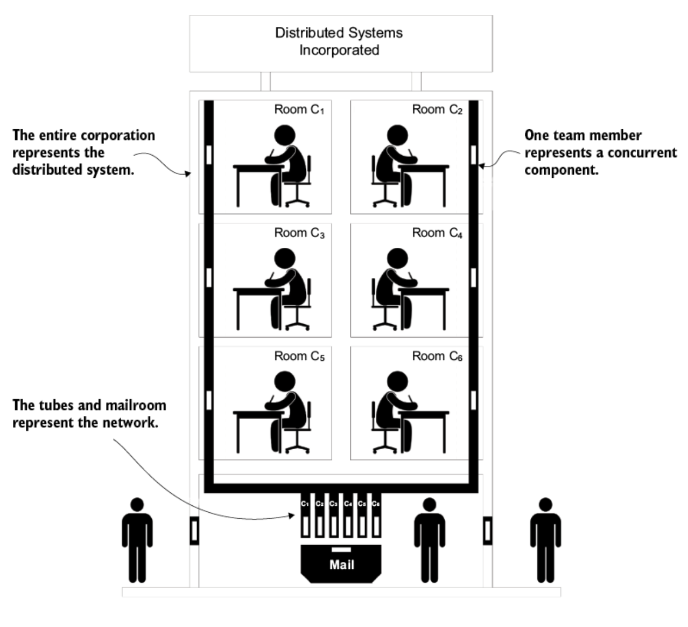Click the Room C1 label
point(299,110)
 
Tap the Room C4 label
point(437,233)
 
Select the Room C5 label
point(299,357)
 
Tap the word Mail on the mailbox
point(341,565)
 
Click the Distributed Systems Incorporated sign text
point(339,41)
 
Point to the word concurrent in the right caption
point(641,153)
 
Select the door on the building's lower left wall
point(194,531)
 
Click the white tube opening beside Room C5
point(209,401)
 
